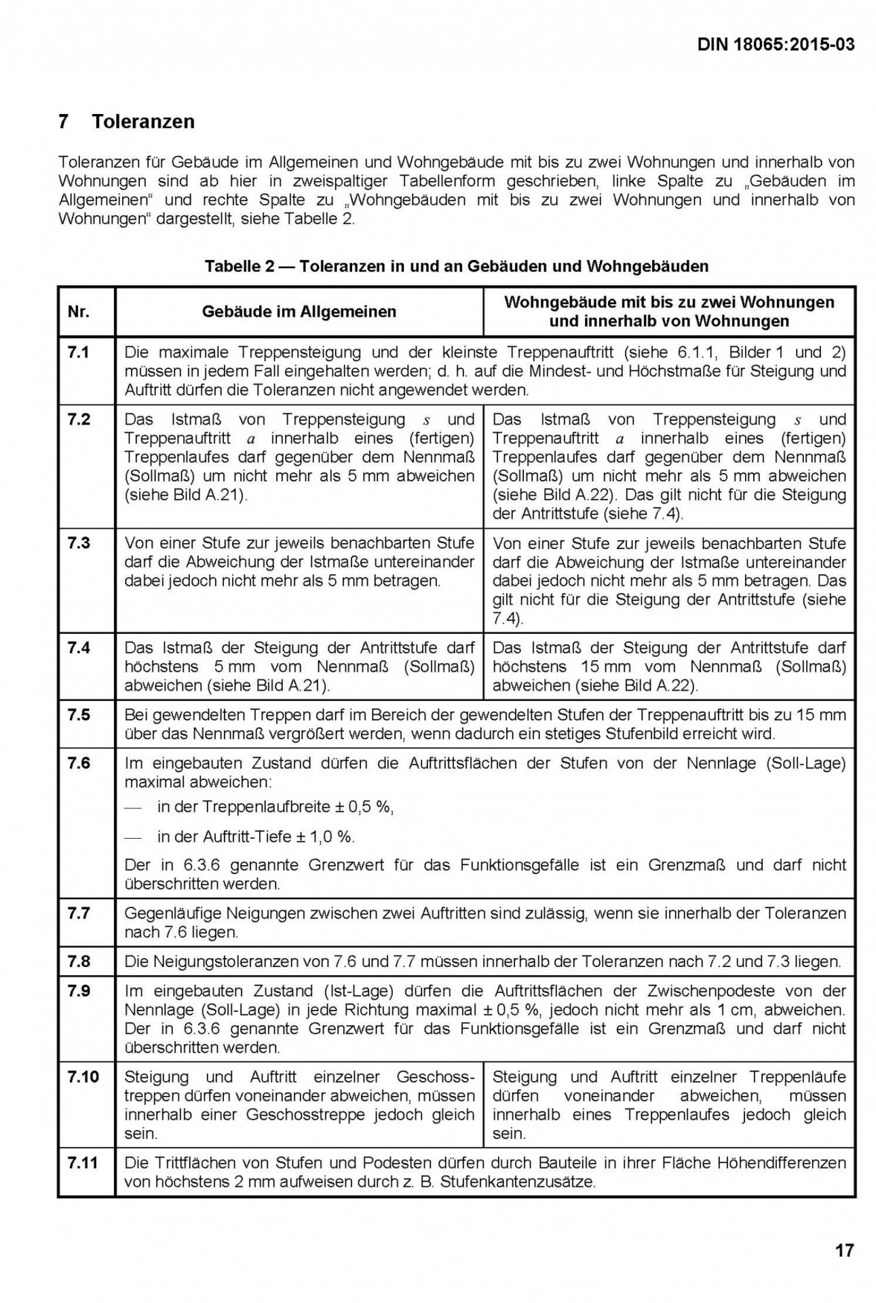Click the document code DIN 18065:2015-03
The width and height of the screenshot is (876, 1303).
(775, 45)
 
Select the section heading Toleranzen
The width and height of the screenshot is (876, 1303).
(143, 121)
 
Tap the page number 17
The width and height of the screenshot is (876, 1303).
(844, 1250)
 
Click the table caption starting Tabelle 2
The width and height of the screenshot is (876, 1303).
(456, 266)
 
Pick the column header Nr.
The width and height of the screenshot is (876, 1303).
(79, 311)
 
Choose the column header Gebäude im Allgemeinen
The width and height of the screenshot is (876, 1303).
(299, 311)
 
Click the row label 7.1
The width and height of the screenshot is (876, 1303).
(79, 352)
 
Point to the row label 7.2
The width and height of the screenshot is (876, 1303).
(79, 419)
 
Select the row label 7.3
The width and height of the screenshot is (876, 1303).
(79, 543)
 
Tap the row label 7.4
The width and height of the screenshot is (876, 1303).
(79, 647)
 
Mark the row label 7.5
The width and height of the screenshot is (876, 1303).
(79, 715)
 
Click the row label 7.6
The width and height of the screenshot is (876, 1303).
(79, 763)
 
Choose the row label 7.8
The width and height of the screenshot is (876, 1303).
(79, 961)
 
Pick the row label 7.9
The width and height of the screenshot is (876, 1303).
(79, 991)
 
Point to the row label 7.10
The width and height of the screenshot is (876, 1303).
(83, 1076)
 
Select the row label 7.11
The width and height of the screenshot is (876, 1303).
(83, 1163)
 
